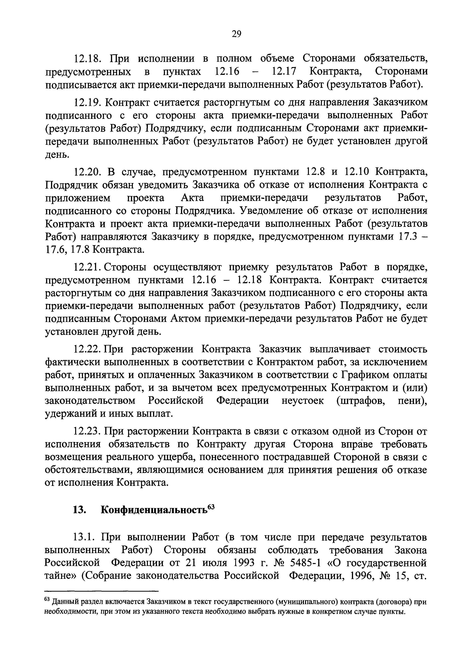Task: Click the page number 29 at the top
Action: click(x=236, y=34)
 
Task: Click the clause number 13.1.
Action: click(x=85, y=538)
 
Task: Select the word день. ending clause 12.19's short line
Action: click(x=57, y=155)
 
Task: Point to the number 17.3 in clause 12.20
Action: click(x=407, y=237)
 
